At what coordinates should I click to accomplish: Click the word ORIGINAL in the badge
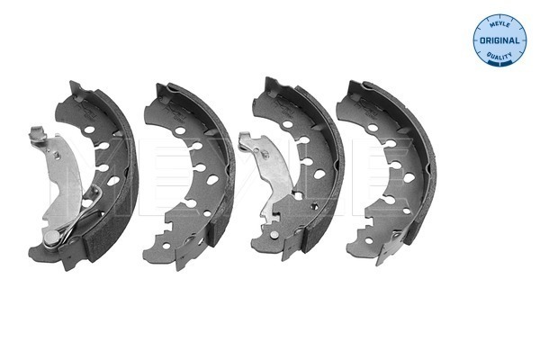[x=499, y=40]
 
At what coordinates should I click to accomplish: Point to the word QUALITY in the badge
[x=499, y=56]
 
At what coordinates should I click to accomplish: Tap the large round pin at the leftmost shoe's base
[x=51, y=237]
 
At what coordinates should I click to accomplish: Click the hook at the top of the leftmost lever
[x=38, y=134]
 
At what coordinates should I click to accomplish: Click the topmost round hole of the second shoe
[x=180, y=130]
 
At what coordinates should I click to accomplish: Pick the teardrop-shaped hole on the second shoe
[x=212, y=179]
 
